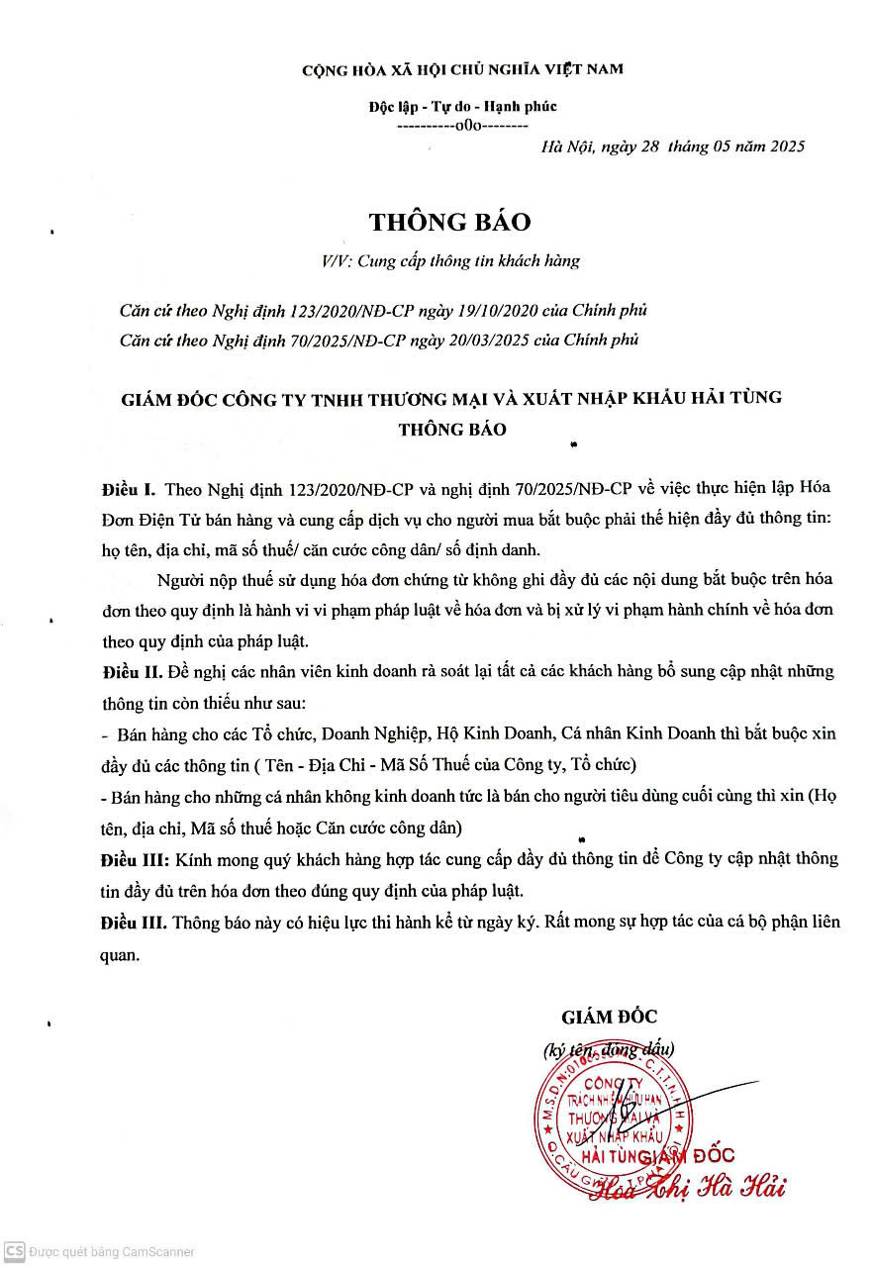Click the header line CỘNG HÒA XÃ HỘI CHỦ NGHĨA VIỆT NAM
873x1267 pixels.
click(462, 69)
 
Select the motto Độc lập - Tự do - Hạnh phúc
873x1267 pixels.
click(462, 106)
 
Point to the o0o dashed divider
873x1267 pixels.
click(462, 126)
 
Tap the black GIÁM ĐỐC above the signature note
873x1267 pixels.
click(609, 1017)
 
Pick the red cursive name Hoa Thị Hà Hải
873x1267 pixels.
click(688, 1186)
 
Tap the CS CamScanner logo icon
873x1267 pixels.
click(13, 1251)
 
